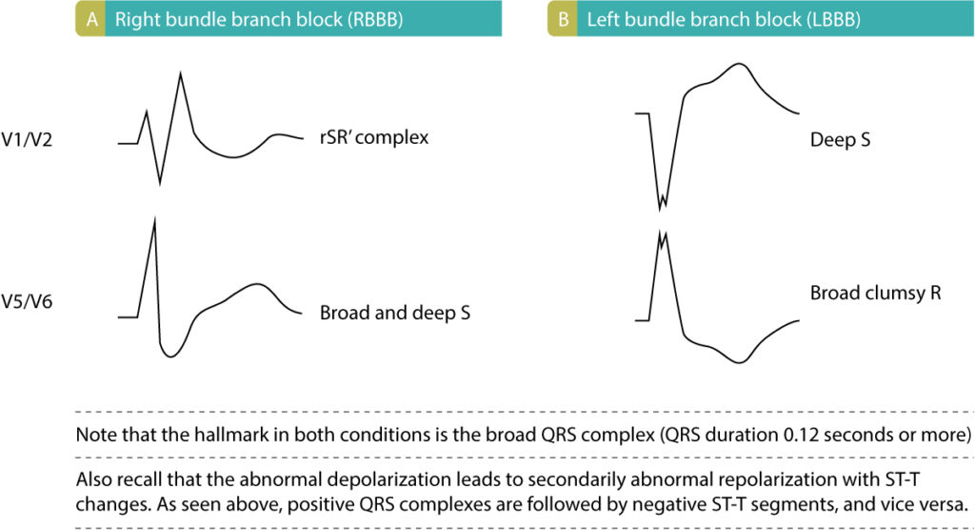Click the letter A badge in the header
pos(90,18)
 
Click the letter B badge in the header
pos(563,18)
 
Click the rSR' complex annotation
pos(374,137)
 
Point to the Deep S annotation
pos(841,140)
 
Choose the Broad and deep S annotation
pos(395,312)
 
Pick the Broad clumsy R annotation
pos(876,293)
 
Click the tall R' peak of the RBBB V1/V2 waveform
pos(180,76)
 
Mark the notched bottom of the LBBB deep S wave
pos(663,203)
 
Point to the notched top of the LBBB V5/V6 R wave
pos(663,235)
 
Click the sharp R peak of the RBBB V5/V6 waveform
pos(153,221)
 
